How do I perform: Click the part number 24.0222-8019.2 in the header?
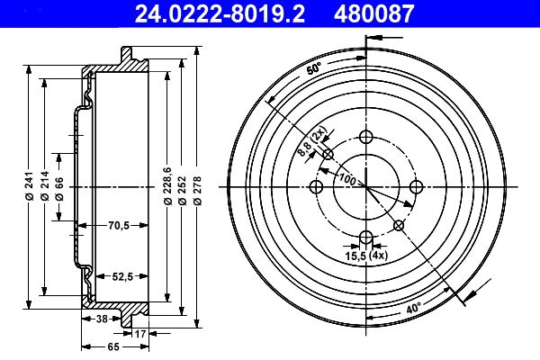[220, 13]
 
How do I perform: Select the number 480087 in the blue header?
[373, 13]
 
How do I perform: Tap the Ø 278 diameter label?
[197, 191]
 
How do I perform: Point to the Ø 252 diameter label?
[182, 191]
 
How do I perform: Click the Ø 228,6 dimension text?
[167, 185]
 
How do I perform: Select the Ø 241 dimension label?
[30, 185]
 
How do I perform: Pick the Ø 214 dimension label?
[45, 185]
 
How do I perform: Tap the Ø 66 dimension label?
[59, 189]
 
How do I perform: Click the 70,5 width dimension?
[119, 226]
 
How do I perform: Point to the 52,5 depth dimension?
[122, 276]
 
